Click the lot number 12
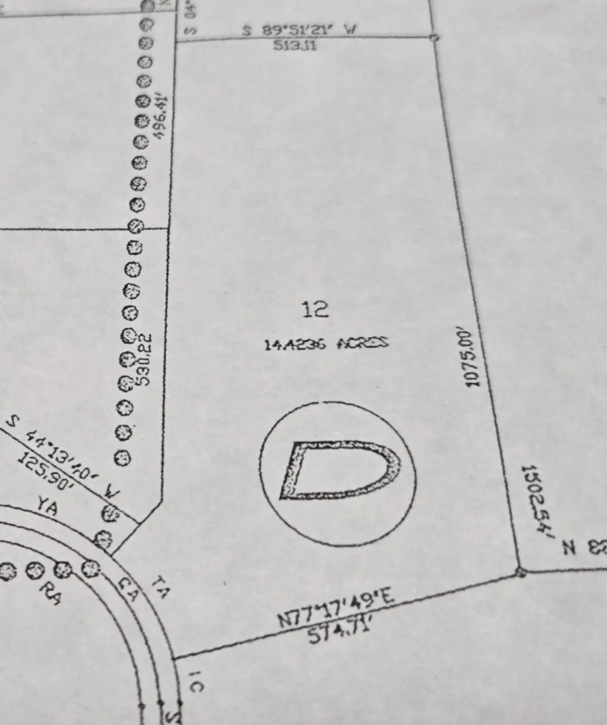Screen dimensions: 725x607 point(315,308)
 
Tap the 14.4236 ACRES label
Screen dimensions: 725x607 point(326,344)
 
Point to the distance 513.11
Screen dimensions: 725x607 point(294,46)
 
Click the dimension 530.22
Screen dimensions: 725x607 point(144,359)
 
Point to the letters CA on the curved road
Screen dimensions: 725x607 point(127,588)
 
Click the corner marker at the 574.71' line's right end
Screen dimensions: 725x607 point(521,572)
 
